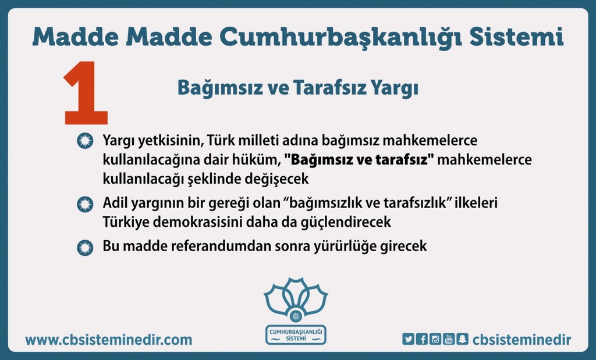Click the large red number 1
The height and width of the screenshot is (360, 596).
pos(86,93)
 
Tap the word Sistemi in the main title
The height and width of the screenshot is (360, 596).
pos(516,37)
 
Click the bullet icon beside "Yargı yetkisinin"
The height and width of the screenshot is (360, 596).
pos(85,141)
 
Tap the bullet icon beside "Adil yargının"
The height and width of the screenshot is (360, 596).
pos(85,204)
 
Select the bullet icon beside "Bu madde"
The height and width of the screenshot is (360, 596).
pos(85,248)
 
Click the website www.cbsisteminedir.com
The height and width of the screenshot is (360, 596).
pos(109,339)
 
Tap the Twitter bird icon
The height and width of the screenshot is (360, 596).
pos(408,338)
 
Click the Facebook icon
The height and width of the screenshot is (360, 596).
pos(421,338)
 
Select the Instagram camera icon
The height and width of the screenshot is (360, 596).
pos(435,338)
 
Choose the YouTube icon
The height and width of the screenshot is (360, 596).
pos(449,338)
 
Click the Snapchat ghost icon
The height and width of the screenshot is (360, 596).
pos(463,338)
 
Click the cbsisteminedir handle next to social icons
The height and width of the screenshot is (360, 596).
pos(521,339)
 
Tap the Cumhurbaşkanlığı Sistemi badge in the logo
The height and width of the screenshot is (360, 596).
pos(296,334)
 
